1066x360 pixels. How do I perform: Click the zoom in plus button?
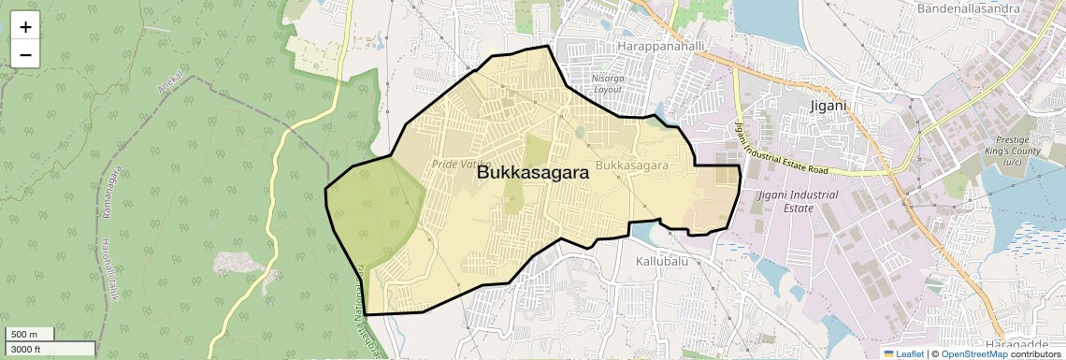point(25,27)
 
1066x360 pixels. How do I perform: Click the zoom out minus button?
point(25,55)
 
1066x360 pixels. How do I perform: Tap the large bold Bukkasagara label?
point(532,173)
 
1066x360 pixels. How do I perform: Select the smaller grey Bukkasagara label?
point(631,166)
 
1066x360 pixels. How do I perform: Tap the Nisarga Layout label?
point(608,84)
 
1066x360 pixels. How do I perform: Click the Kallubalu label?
point(662,261)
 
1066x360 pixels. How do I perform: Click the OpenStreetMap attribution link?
point(973,353)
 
